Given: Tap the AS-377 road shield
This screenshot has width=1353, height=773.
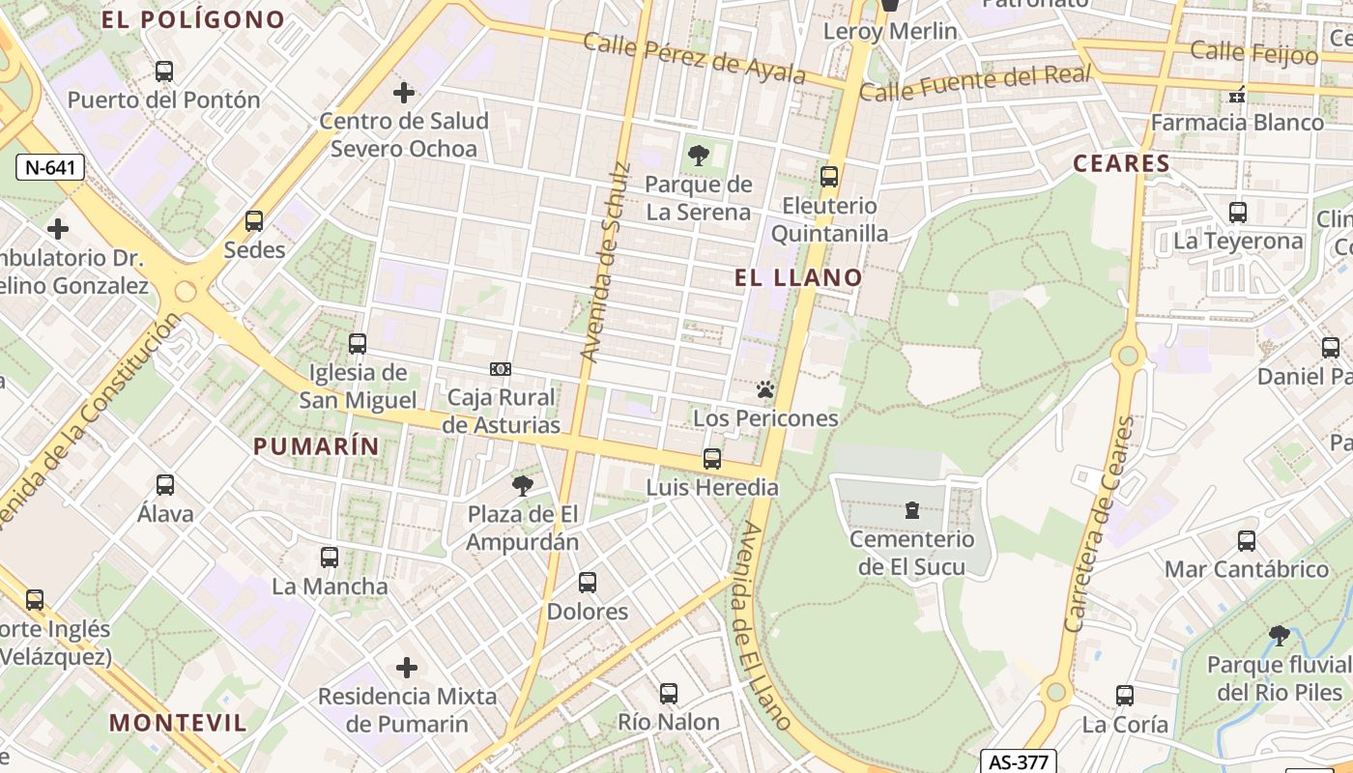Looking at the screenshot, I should point(1019,761).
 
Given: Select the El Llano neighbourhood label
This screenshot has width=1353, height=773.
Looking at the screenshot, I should point(798,278).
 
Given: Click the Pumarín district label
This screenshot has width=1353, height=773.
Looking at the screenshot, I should point(316,446).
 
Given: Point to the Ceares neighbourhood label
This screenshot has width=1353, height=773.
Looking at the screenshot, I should point(1121,163).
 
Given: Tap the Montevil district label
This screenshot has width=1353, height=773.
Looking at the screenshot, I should point(178,722).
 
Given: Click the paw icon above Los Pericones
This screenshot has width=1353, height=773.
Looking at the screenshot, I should point(765,390).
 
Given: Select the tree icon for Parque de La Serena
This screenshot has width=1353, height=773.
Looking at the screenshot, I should point(698,156).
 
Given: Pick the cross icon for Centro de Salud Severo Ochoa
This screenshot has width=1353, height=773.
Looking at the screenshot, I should point(404,93).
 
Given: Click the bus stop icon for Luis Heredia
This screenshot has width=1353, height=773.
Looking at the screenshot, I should point(712,459).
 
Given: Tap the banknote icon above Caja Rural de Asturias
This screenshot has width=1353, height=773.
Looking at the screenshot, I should point(501,369).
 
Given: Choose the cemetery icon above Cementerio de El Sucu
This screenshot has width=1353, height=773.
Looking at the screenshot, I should point(911,510).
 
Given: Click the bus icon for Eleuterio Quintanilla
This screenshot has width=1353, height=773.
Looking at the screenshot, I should point(828,177).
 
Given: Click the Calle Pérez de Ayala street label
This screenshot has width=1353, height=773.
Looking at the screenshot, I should point(693,58).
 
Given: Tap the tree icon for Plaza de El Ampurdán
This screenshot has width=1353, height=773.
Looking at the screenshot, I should point(523,485).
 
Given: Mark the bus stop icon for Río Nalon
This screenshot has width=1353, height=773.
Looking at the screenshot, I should point(668,693).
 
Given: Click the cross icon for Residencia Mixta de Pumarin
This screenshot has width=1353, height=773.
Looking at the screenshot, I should point(407,668).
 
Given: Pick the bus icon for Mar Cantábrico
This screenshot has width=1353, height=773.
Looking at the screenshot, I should point(1247,541).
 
